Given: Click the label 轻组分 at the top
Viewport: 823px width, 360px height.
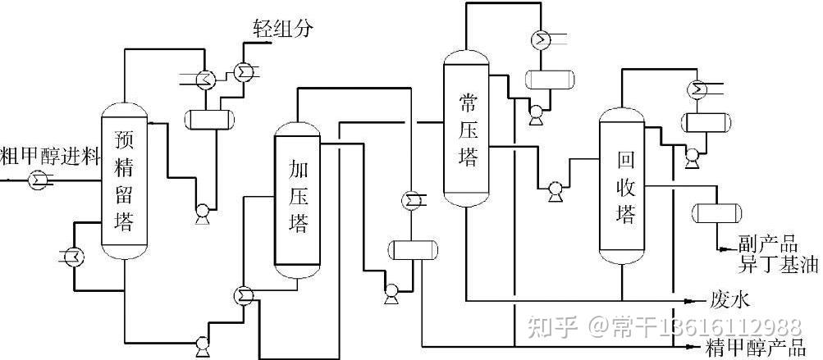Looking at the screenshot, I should [282, 30].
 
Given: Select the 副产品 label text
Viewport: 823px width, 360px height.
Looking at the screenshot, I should [767, 244].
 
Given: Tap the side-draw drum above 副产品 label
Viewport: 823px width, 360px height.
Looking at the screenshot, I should [717, 212].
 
